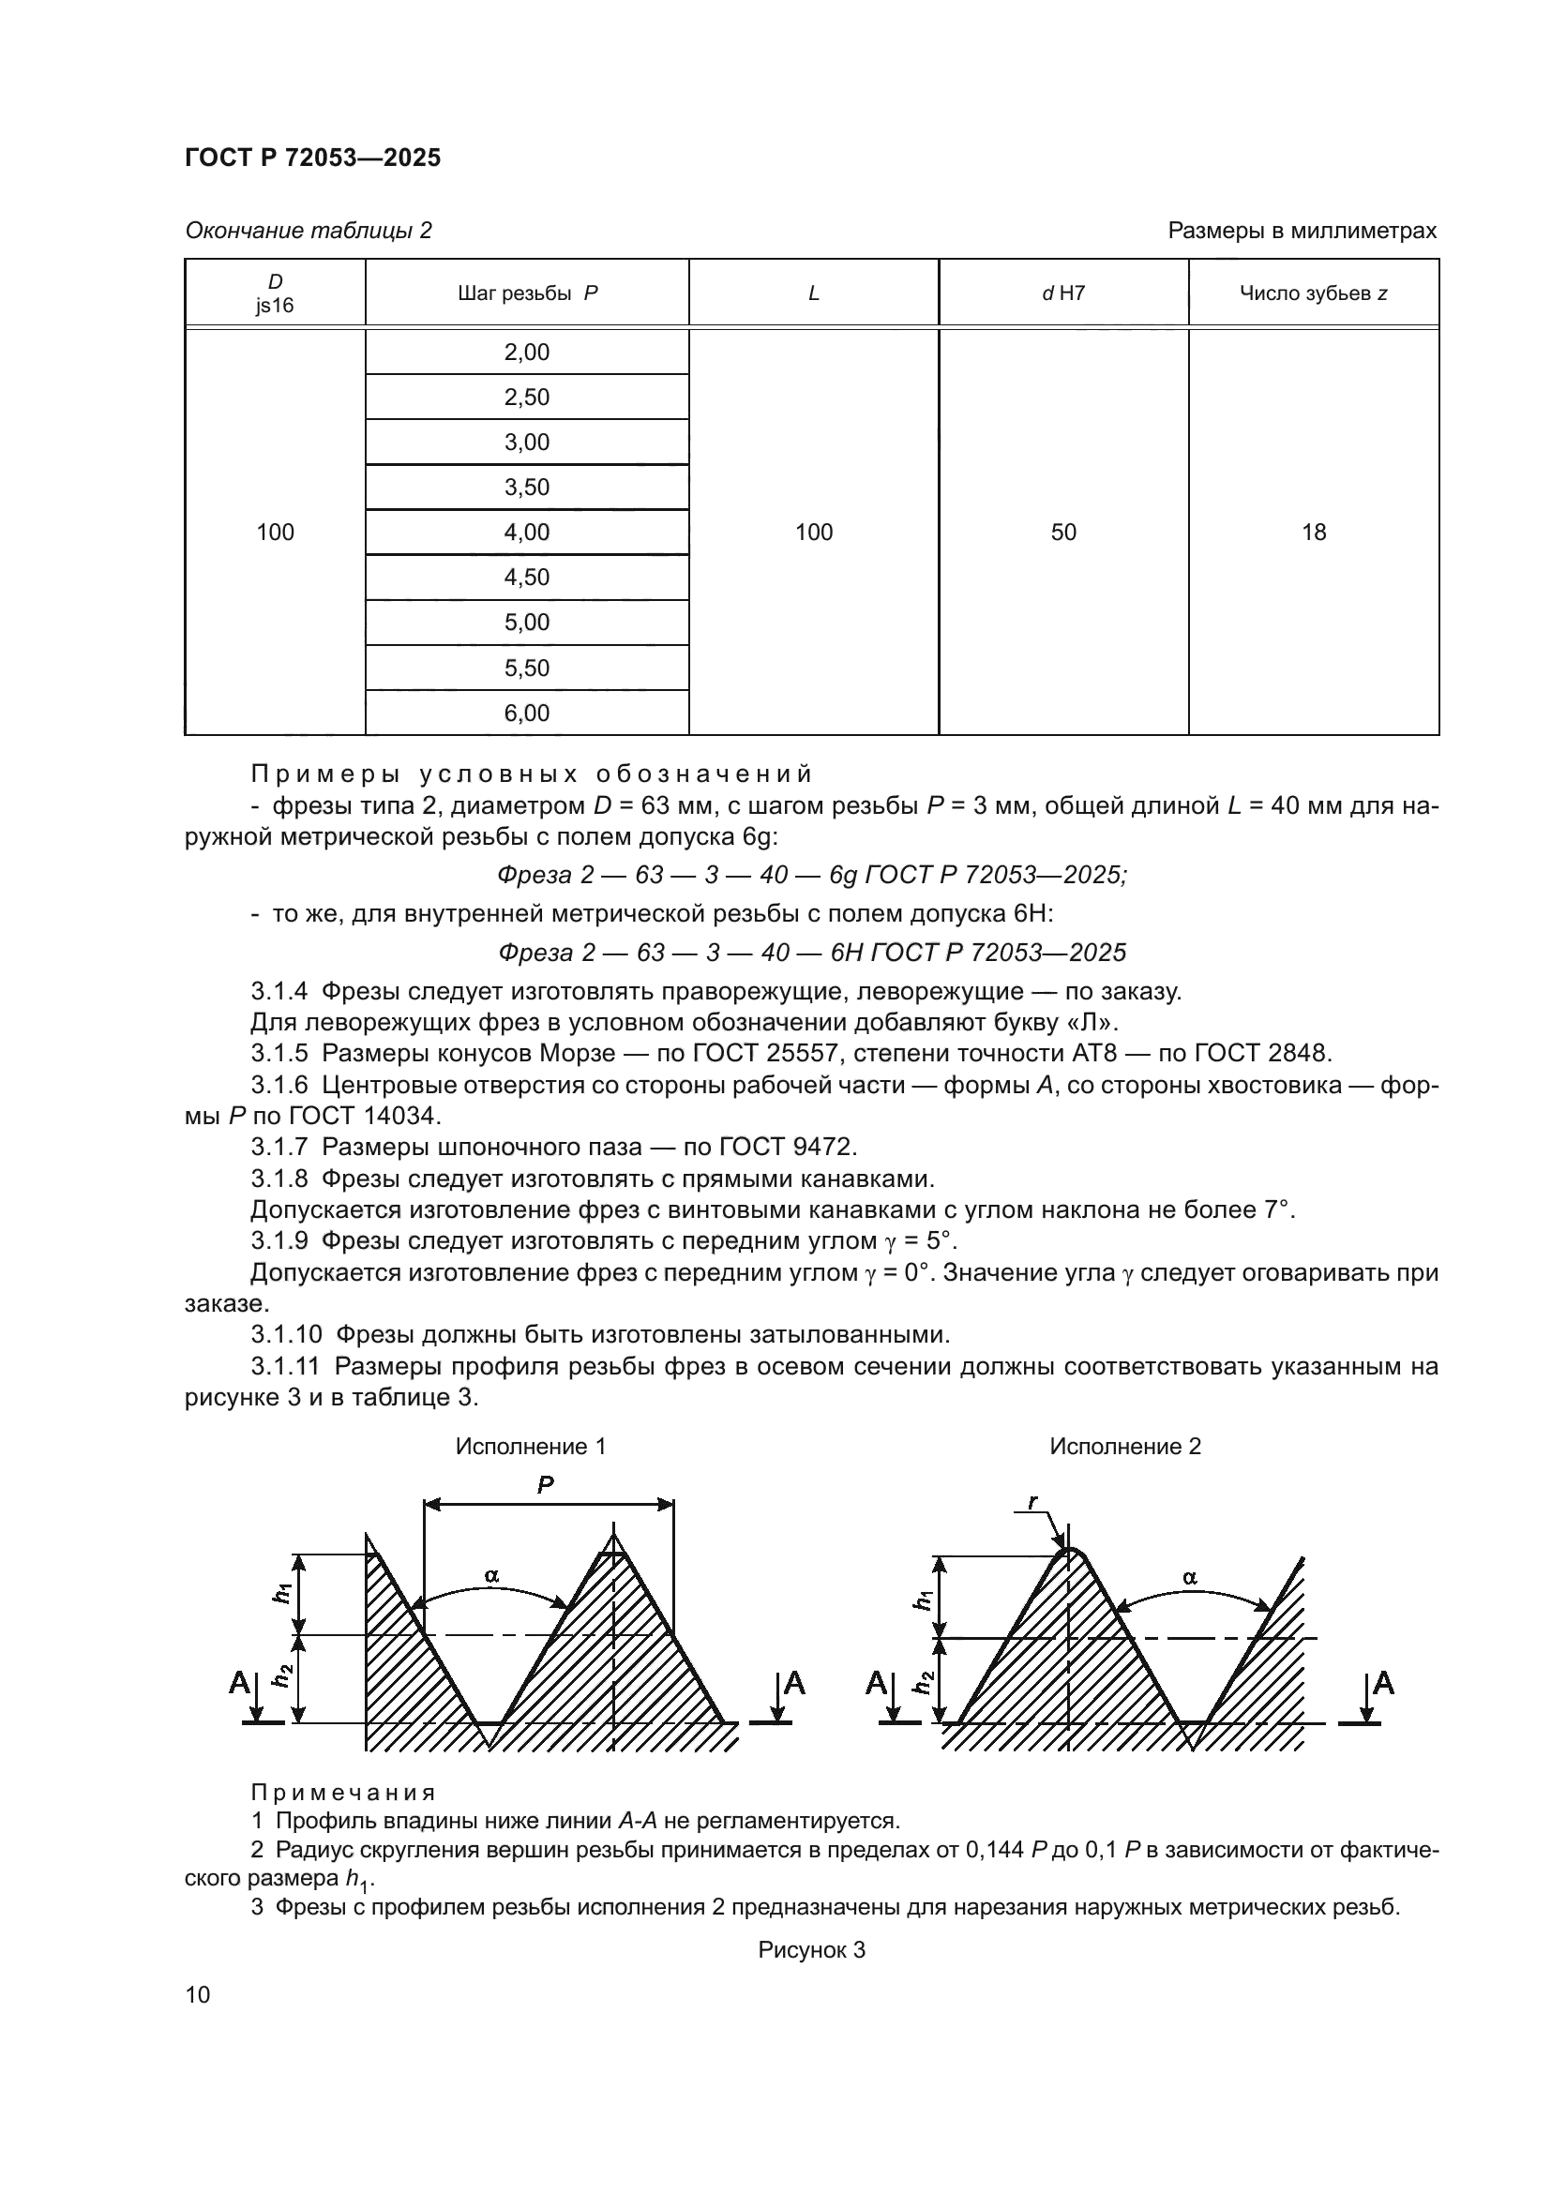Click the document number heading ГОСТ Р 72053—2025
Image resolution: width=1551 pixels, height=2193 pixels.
click(x=312, y=158)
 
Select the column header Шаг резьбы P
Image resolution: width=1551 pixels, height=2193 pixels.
click(x=527, y=293)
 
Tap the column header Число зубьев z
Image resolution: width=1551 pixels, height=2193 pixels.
click(x=1313, y=293)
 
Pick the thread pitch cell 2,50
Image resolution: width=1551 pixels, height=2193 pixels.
click(x=527, y=398)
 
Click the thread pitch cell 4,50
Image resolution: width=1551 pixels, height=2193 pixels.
click(x=527, y=577)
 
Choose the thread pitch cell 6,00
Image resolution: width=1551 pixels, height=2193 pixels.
click(x=527, y=713)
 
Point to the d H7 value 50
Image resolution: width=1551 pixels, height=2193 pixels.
click(x=1063, y=532)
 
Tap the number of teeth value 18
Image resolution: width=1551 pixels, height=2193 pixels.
click(x=1313, y=532)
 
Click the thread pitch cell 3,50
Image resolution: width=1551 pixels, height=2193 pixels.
click(x=527, y=488)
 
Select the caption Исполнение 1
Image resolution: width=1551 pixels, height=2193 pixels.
click(x=530, y=1446)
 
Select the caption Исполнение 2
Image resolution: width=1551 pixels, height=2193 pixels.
click(x=1125, y=1446)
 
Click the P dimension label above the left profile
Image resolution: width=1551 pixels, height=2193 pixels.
click(x=546, y=1484)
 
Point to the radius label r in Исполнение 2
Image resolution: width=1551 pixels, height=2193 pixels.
click(x=1033, y=1501)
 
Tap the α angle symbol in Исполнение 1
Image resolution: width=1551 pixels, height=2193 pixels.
click(x=492, y=1575)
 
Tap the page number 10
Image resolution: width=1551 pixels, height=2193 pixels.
click(x=198, y=1994)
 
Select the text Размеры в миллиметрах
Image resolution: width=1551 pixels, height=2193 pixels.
click(x=1302, y=231)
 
